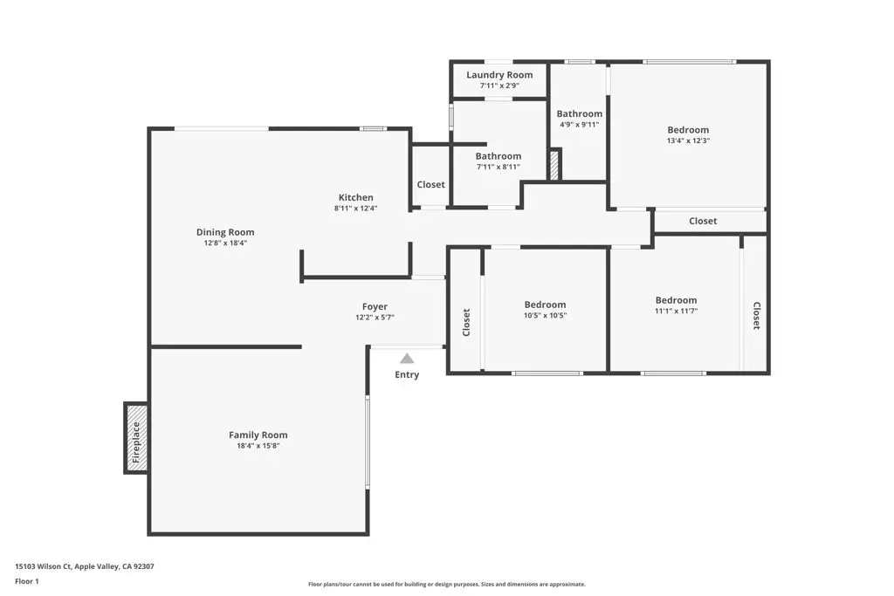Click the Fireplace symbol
[135, 438]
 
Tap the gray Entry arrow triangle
[407, 359]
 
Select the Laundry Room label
[499, 75]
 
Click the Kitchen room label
[356, 197]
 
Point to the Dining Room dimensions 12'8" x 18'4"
[225, 243]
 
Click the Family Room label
[258, 435]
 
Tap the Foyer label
[375, 306]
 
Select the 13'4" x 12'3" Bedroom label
[688, 130]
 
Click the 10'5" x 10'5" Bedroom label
[545, 305]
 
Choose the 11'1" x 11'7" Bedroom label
[676, 300]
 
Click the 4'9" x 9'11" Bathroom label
[580, 113]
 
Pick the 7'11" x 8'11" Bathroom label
[499, 156]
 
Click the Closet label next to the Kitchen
[430, 185]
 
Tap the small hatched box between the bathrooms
[554, 165]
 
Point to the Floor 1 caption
[27, 581]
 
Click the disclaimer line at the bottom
[446, 585]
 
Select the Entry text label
[407, 375]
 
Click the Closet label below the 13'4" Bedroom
[703, 221]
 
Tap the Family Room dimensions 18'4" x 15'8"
[258, 446]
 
